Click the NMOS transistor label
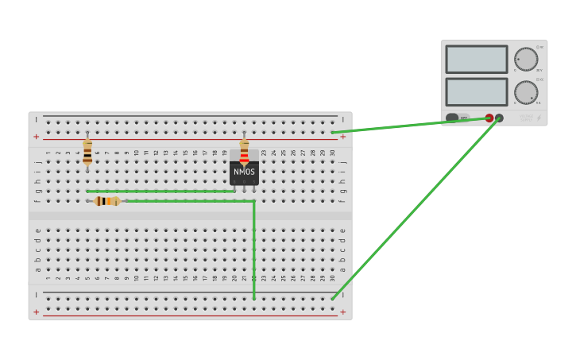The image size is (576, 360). click(244, 172)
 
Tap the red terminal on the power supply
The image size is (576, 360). click(489, 118)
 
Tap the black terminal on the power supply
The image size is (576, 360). click(499, 118)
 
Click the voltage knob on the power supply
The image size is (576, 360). click(525, 59)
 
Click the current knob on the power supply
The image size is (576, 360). click(525, 91)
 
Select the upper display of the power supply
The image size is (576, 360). click(476, 60)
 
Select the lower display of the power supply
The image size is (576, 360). click(476, 91)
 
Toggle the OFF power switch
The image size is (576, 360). click(458, 118)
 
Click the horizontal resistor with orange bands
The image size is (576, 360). click(106, 201)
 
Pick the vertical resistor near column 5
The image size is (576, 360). click(87, 151)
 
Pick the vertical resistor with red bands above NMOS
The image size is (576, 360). click(244, 151)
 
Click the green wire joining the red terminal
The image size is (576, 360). click(409, 125)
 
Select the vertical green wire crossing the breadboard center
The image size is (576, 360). click(254, 250)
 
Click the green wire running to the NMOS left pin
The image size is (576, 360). click(159, 192)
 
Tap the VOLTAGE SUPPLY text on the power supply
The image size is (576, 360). click(526, 118)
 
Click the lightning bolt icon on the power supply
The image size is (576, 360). click(539, 118)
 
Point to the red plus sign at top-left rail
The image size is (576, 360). click(36, 137)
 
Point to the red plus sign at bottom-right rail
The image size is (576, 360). click(342, 312)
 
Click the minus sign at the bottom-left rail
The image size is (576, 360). click(36, 294)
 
